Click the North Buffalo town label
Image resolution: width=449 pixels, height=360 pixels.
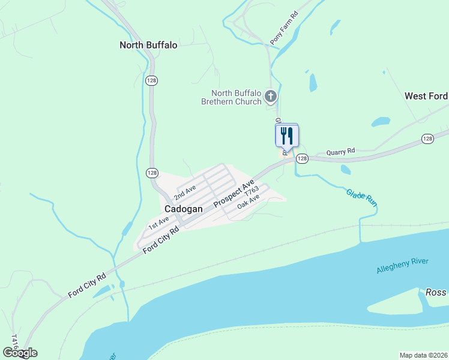pyautogui.click(x=148, y=45)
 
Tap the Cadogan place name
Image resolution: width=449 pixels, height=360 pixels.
pyautogui.click(x=182, y=208)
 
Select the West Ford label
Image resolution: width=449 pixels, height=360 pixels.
pyautogui.click(x=426, y=96)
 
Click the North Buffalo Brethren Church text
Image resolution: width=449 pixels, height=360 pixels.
pyautogui.click(x=236, y=97)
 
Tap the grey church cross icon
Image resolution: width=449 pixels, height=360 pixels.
pyautogui.click(x=271, y=96)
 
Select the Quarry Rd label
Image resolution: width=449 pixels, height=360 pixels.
pyautogui.click(x=340, y=151)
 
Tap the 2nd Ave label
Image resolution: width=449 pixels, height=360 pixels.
pyautogui.click(x=185, y=193)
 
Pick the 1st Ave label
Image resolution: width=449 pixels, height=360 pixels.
pyautogui.click(x=159, y=224)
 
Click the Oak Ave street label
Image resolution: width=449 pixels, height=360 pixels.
pyautogui.click(x=248, y=201)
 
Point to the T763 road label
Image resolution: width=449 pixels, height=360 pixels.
pyautogui.click(x=251, y=191)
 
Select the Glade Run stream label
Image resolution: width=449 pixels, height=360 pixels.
pyautogui.click(x=361, y=197)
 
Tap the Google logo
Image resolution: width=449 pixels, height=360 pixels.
pyautogui.click(x=20, y=353)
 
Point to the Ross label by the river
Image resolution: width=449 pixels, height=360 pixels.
pyautogui.click(x=436, y=292)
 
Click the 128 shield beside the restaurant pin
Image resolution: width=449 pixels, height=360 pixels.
pyautogui.click(x=302, y=158)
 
